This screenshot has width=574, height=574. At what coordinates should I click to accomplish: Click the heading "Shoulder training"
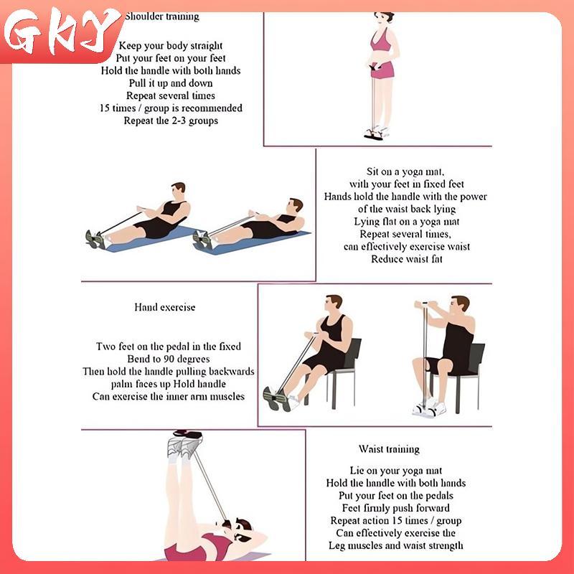pyautogui.click(x=162, y=17)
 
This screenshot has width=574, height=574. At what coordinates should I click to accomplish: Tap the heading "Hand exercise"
pyautogui.click(x=165, y=307)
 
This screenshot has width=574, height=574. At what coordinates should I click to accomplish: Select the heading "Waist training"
pyautogui.click(x=389, y=449)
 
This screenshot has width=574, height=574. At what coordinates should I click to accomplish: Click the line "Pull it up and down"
pyautogui.click(x=171, y=83)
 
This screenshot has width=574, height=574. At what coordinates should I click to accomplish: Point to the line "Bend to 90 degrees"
pyautogui.click(x=169, y=359)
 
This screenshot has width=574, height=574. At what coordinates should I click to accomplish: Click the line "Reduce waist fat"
pyautogui.click(x=407, y=259)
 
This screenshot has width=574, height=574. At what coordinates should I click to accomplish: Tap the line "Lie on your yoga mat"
pyautogui.click(x=396, y=471)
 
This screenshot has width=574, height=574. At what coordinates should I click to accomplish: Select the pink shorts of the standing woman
pyautogui.click(x=383, y=70)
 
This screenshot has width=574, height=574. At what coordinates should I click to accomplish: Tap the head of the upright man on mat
pyautogui.click(x=178, y=190)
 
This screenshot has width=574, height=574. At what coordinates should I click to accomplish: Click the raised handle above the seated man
pyautogui.click(x=425, y=304)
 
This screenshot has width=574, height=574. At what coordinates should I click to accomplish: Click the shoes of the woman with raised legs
pyautogui.click(x=185, y=443)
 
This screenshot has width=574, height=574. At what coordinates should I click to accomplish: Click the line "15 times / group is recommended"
pyautogui.click(x=171, y=108)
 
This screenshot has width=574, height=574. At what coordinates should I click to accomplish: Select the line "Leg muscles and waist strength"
pyautogui.click(x=396, y=545)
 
